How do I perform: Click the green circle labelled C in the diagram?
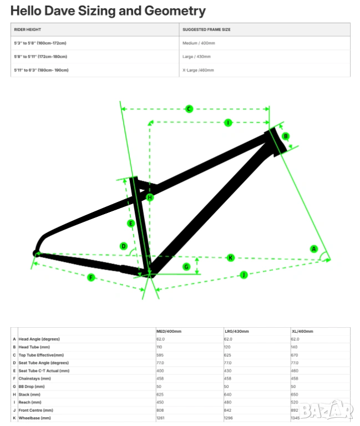coord(189,109)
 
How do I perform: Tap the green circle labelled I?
coord(227,123)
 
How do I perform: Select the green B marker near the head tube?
coord(286,136)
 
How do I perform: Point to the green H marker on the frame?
coord(149,197)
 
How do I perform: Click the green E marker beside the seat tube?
coord(131,223)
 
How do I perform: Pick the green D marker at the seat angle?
coord(124,246)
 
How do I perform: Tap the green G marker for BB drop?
coord(186,267)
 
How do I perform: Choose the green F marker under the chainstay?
coord(92,277)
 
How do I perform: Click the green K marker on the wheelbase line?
coord(231,257)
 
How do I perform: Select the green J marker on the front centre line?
coord(243,274)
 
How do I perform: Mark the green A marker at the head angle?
coord(314,249)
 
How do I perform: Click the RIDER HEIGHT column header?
coord(27,29)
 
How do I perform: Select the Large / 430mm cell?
coord(197,57)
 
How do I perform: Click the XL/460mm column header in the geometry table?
coord(303,331)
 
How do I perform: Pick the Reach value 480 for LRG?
coord(228,403)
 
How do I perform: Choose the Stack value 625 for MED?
coord(161,394)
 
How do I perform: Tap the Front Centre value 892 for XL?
coord(295,410)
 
